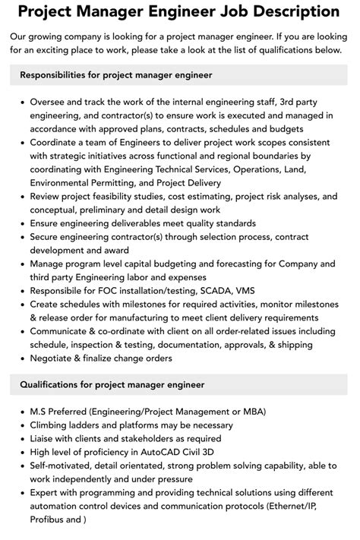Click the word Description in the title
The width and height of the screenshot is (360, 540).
(291, 13)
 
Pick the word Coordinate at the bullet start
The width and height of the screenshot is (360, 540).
(58, 142)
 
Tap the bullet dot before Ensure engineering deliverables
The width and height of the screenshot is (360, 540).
(22, 224)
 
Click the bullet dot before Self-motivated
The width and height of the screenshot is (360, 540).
(22, 466)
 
